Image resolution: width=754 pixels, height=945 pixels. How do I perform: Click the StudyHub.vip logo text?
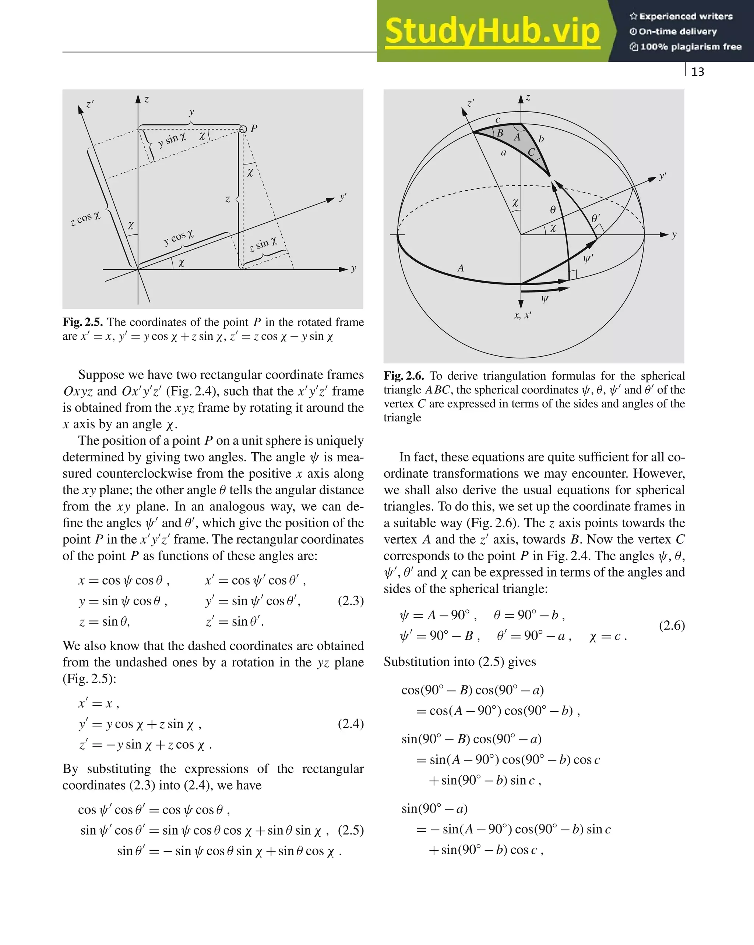(x=492, y=32)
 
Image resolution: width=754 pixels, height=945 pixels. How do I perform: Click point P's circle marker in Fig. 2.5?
(x=243, y=129)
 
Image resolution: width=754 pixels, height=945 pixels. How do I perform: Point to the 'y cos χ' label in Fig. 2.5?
(x=179, y=237)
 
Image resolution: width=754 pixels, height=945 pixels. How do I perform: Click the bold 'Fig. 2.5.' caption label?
(x=82, y=322)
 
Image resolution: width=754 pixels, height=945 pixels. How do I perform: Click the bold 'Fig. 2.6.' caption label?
(x=404, y=376)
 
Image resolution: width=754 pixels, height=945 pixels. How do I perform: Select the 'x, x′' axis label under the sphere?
(x=522, y=315)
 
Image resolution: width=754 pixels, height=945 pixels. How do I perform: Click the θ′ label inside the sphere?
(x=595, y=218)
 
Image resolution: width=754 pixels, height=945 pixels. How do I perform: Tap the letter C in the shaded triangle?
(x=531, y=152)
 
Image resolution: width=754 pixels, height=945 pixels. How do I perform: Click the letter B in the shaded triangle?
(x=500, y=133)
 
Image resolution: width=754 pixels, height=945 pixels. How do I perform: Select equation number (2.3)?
(x=350, y=601)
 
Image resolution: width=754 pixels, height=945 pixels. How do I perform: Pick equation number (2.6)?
(x=672, y=626)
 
